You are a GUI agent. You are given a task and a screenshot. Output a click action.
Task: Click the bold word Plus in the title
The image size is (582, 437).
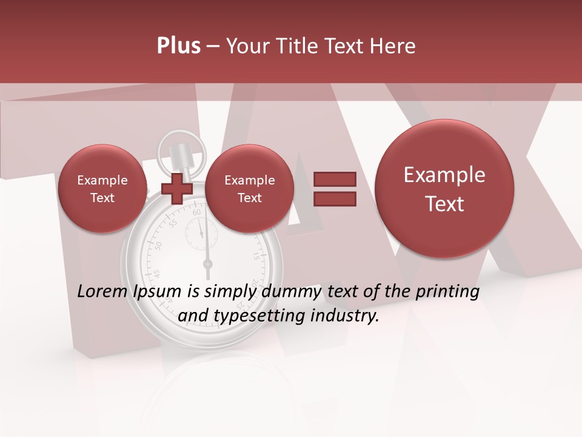178,46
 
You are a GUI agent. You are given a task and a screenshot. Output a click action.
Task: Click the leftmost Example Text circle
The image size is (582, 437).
102,189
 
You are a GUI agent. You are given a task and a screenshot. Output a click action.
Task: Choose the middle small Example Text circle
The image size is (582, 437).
249,189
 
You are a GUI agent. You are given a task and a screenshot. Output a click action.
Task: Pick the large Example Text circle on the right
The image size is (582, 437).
444,189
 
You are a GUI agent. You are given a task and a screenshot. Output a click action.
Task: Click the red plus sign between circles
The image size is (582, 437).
177,189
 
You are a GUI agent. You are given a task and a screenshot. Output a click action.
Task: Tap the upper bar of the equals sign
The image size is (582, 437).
334,179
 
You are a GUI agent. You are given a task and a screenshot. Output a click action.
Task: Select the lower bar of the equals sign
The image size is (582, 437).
334,199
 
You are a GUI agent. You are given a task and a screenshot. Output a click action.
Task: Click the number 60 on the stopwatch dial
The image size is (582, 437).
196,213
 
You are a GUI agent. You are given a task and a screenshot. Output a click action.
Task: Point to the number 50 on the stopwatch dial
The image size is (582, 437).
159,245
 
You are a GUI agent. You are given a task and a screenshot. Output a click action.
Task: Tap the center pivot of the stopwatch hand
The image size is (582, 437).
207,264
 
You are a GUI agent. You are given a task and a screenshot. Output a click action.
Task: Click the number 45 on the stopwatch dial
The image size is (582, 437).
156,274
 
